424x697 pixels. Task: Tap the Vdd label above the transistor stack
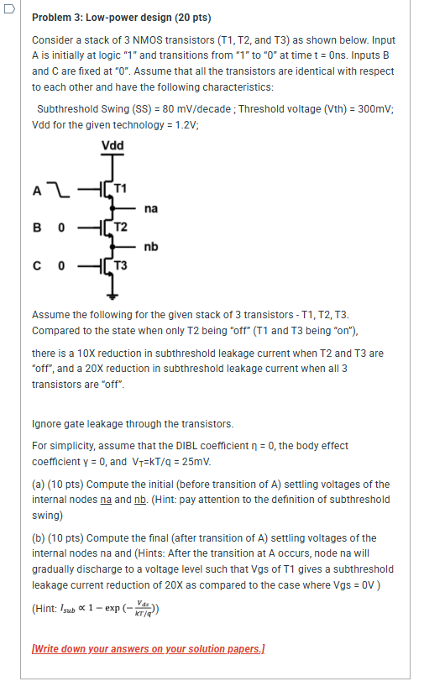pos(112,146)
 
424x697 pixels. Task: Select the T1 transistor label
pos(123,186)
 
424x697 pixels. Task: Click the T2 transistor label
pos(123,227)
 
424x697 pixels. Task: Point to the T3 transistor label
pos(123,266)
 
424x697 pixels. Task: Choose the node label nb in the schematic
pos(151,246)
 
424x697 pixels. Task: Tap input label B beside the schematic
pos(37,227)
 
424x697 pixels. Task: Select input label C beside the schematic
pos(37,266)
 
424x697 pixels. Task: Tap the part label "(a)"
pos(39,485)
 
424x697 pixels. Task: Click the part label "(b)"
pos(39,538)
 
